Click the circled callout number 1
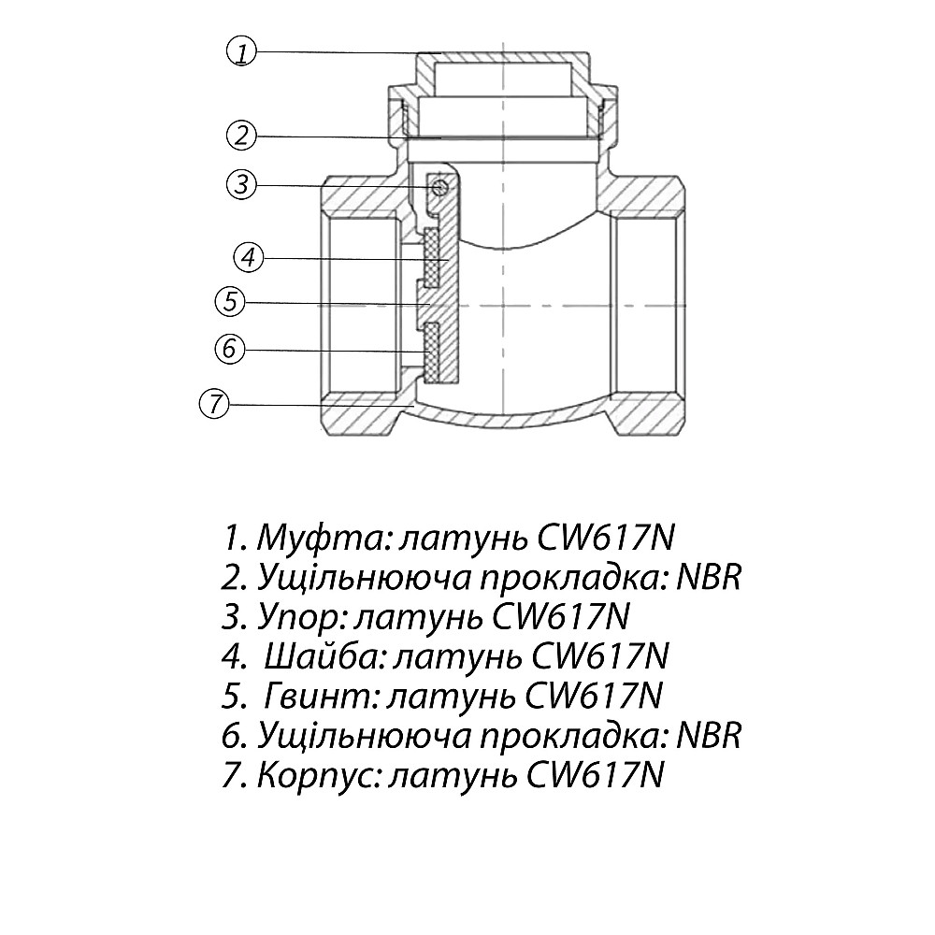coord(241,51)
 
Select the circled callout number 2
coord(241,135)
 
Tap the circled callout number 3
coord(241,184)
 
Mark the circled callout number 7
coord(214,404)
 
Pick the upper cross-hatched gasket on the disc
coord(431,256)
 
